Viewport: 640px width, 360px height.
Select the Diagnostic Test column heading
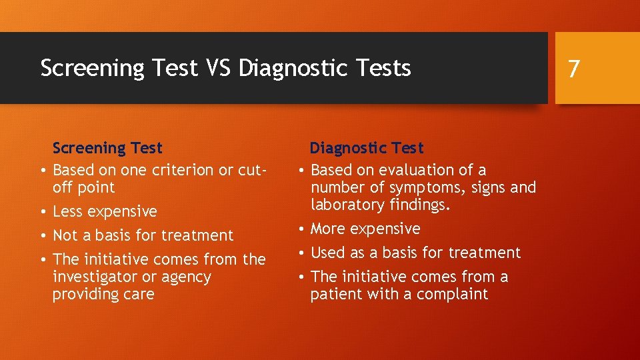point(366,147)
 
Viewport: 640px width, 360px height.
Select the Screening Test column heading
point(107,147)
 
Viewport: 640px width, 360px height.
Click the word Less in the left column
point(67,211)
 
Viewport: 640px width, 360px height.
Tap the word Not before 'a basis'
point(65,235)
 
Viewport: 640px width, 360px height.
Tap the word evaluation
point(415,170)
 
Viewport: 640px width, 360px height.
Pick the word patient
point(334,294)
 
